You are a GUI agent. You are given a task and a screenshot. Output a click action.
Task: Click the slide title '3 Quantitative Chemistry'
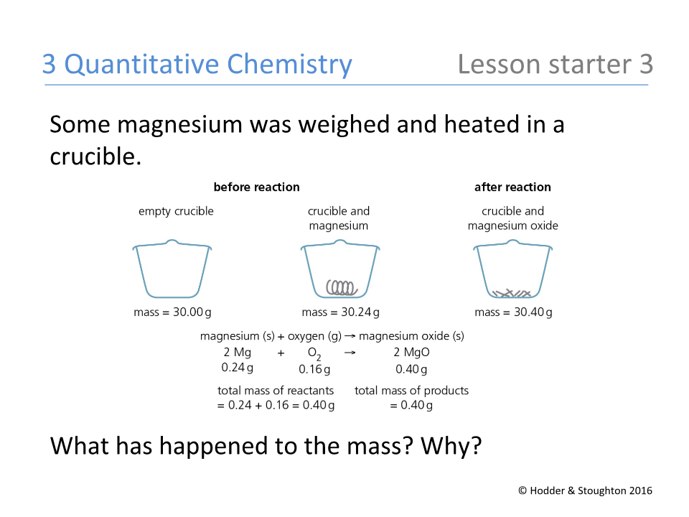click(197, 65)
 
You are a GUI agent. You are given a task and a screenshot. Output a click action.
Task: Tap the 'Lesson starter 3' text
click(555, 65)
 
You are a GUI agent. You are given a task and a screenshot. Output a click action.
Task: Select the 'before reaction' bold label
click(256, 187)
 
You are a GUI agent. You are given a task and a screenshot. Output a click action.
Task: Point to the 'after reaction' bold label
click(512, 187)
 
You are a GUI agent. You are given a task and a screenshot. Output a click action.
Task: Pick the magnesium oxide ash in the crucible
click(512, 292)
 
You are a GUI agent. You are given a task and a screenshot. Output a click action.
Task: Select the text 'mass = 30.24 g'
click(341, 312)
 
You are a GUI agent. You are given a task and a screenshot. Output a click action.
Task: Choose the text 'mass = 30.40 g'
click(513, 312)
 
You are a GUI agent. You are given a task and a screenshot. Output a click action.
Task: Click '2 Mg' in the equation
click(238, 353)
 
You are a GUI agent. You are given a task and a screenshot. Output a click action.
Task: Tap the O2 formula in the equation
click(314, 353)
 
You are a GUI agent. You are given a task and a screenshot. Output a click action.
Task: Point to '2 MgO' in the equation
click(411, 353)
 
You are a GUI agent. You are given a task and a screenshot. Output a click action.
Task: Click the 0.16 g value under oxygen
click(314, 369)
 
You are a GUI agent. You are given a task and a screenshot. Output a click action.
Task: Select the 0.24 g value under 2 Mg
click(238, 368)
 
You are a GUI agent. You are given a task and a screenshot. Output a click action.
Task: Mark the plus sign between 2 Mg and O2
click(281, 353)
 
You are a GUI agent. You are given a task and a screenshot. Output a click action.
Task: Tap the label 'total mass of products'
click(411, 391)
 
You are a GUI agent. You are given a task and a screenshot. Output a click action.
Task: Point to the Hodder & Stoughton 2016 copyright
click(585, 490)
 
